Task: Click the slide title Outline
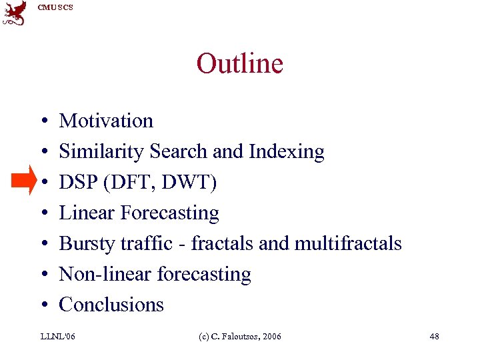pos(239,64)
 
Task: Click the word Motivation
pos(106,121)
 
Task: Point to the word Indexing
pos(286,152)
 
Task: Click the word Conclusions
pos(111,305)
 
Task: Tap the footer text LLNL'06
pos(58,337)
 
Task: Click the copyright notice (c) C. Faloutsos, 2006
pos(240,337)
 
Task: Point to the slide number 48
pos(434,337)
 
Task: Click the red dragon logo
pos(15,13)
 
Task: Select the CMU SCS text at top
pos(55,7)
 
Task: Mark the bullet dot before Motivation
pos(42,122)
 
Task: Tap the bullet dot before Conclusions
pos(42,306)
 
